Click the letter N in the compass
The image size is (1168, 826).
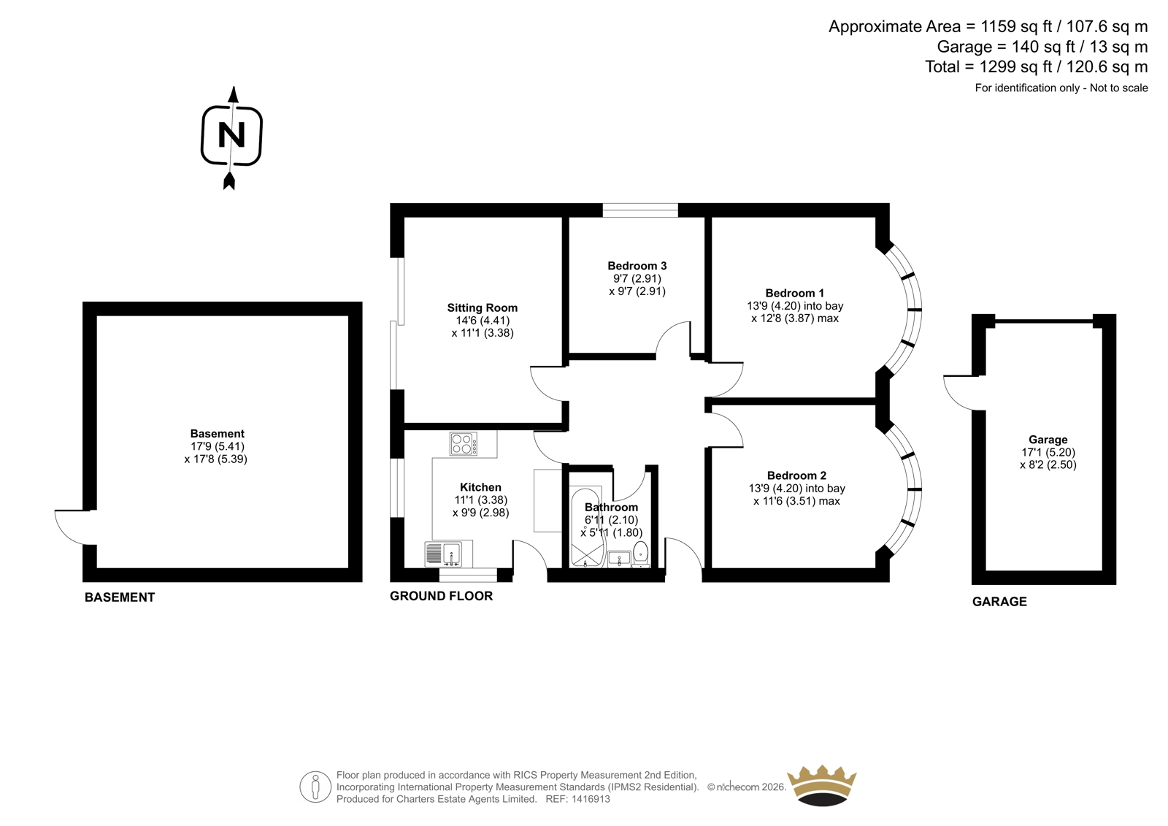coord(231,135)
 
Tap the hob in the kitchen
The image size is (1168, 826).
coord(464,443)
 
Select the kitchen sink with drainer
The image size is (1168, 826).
coord(443,554)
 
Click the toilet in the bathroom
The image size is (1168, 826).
coord(641,554)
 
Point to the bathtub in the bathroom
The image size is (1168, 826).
coord(587,527)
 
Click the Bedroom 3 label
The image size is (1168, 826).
coord(637,266)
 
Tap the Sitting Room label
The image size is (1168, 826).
coord(483,308)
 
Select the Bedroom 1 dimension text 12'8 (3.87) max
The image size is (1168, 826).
coord(795,318)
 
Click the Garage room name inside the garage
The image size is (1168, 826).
coord(1048,440)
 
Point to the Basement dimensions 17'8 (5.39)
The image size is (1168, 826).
coord(216,459)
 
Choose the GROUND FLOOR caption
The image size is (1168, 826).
coord(441,596)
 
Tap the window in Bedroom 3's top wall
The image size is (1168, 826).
coord(640,210)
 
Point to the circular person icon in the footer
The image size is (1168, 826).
coord(315,787)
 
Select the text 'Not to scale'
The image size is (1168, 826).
coord(1119,88)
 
